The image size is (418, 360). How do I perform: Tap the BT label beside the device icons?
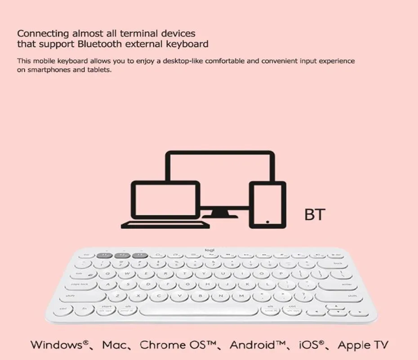coord(314,215)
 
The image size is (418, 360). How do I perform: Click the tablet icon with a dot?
coord(267,205)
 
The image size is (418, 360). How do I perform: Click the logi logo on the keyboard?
coord(210,251)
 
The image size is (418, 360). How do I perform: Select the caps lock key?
coord(80,284)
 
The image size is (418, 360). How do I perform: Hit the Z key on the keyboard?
coord(117,296)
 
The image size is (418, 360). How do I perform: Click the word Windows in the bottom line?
coord(56,345)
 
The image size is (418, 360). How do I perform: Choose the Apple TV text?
coord(362,345)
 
